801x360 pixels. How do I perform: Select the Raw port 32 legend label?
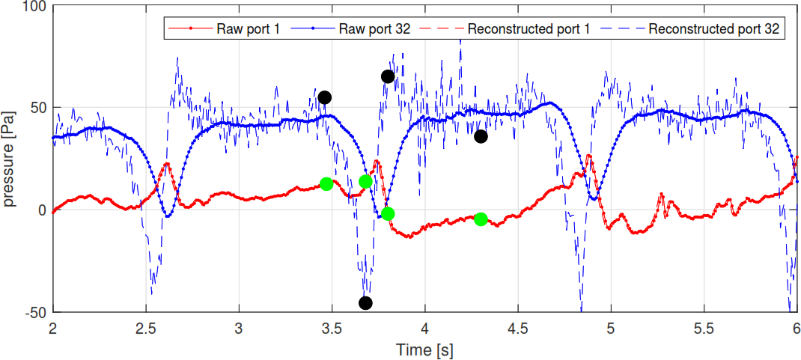(374, 28)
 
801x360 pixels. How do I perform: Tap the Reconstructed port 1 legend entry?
(529, 28)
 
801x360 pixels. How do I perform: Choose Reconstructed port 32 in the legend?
(713, 28)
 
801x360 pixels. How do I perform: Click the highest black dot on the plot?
(388, 76)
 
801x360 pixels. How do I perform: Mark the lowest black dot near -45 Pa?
(365, 303)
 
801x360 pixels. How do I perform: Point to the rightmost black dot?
(481, 136)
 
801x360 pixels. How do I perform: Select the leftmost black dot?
(324, 97)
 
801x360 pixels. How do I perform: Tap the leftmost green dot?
(326, 184)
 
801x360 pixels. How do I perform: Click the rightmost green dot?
(481, 219)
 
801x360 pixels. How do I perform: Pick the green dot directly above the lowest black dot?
(365, 182)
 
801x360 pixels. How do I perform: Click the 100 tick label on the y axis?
(35, 6)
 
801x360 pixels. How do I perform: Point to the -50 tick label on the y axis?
(35, 313)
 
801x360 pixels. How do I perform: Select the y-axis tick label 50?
(39, 108)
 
